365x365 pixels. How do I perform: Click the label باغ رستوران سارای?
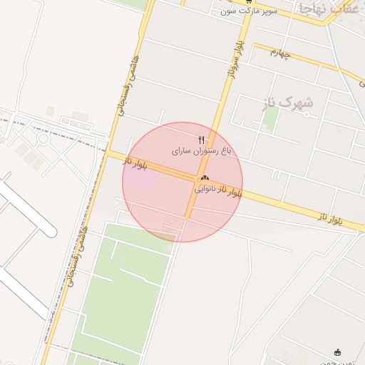click(x=202, y=151)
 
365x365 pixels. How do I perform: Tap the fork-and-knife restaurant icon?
click(x=202, y=139)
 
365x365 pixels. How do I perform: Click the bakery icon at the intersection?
click(x=205, y=178)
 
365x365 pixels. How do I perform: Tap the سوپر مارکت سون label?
click(x=248, y=11)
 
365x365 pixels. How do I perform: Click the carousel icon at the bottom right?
click(x=337, y=352)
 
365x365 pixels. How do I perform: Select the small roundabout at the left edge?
click(x=43, y=138)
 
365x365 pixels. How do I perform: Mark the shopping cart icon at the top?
click(x=247, y=2)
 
